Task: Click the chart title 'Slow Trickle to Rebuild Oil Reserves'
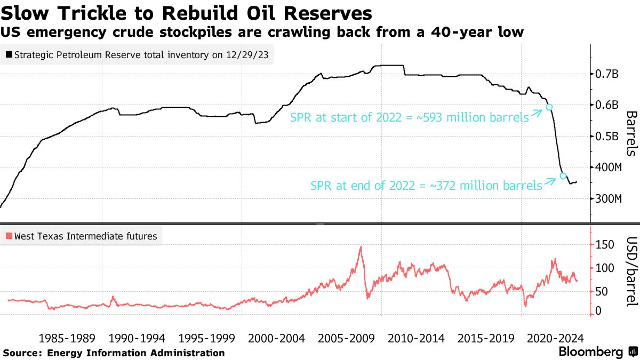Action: point(187,12)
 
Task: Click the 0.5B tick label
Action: point(607,137)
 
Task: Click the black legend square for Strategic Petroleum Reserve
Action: point(9,54)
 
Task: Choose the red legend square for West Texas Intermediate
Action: point(9,236)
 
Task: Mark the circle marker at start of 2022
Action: point(549,107)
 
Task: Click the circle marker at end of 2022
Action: point(563,175)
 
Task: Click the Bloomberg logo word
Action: point(590,352)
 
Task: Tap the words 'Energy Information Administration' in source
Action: point(136,353)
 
